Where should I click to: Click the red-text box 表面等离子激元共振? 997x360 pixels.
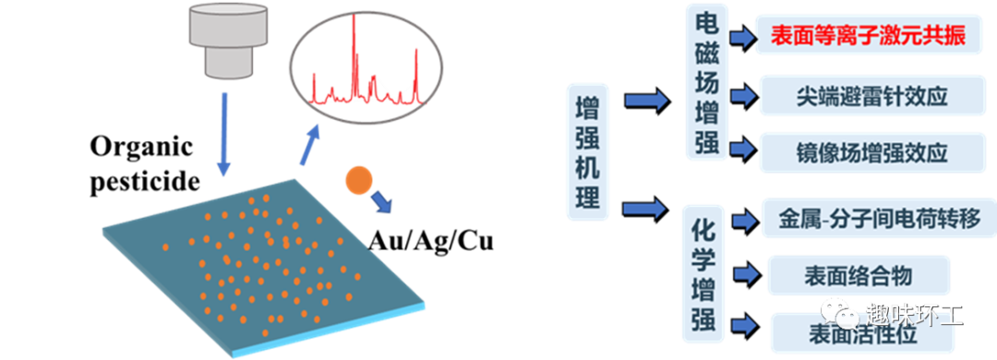tap(868, 37)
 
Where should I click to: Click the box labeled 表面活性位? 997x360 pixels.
tap(858, 330)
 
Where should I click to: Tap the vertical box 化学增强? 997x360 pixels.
tap(706, 277)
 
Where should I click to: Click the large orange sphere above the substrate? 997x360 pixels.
tap(358, 181)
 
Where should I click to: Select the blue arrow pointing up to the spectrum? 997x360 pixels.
tap(311, 145)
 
